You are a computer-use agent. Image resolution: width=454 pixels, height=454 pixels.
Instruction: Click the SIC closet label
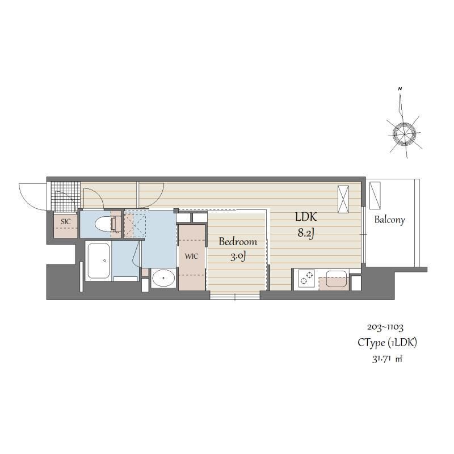point(66,221)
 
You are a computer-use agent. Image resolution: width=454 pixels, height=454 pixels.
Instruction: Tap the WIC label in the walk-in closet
point(191,255)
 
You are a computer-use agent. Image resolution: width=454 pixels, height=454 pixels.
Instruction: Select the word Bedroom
point(238,242)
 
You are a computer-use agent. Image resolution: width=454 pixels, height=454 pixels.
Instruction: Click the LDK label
point(305,217)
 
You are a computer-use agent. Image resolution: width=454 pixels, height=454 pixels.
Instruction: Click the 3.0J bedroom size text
point(238,257)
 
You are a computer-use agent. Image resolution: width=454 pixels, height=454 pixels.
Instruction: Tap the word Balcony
point(389,220)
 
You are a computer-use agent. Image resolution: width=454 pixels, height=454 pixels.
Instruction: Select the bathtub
point(99,261)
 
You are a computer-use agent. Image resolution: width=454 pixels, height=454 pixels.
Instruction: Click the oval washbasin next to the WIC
point(165,278)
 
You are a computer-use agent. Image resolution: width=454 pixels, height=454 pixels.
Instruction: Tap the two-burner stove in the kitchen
point(306,279)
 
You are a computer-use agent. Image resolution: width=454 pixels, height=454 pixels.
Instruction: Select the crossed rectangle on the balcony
point(375,195)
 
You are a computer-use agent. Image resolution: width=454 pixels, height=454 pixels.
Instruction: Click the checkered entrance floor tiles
point(65,196)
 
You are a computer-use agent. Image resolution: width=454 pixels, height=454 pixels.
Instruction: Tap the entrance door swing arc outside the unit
point(31,194)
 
